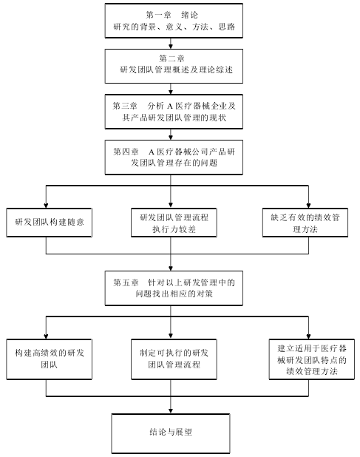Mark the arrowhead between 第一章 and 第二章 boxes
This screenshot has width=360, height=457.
click(171, 47)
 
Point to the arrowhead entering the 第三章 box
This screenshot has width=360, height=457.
click(171, 92)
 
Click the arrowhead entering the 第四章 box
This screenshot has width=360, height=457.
click(171, 138)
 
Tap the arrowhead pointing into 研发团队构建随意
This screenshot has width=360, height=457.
click(46, 206)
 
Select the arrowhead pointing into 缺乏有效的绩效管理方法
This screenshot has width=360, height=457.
click(308, 206)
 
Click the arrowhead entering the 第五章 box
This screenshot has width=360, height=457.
click(171, 268)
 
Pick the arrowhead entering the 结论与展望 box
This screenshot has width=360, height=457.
click(171, 411)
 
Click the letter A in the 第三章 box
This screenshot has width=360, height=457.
click(170, 106)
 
